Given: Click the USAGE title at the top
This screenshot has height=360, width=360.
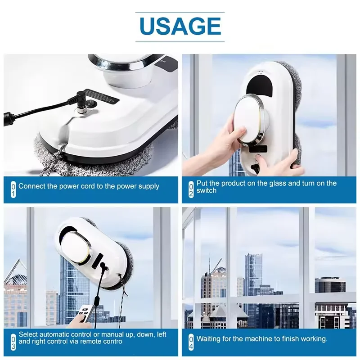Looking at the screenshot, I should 180,26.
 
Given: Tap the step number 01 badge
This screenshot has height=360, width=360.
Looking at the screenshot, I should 13,189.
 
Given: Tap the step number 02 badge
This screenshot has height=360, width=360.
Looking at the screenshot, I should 191,189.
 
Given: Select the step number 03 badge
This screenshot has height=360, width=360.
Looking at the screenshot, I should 13,342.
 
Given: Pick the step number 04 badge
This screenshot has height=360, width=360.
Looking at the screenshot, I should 191,342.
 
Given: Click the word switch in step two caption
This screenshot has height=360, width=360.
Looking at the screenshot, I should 207,190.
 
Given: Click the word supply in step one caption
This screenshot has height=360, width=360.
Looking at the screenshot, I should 148,186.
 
